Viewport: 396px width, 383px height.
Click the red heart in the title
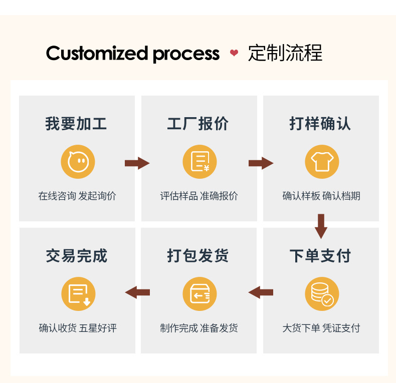tap(234, 53)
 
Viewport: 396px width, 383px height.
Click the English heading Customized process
tap(132, 53)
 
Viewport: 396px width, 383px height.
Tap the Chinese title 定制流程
tap(285, 53)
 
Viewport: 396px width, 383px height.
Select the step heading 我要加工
tap(76, 124)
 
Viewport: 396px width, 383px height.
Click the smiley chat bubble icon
tap(78, 162)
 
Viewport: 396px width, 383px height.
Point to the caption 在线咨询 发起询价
tap(77, 196)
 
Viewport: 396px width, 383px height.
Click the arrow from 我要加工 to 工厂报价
tap(137, 163)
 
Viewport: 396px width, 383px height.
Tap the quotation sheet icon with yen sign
tap(200, 162)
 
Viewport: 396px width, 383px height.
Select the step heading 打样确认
tap(320, 124)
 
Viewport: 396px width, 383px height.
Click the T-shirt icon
tap(322, 162)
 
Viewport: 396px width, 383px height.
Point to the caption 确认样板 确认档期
tap(321, 196)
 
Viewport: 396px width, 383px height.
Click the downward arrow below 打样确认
tap(321, 226)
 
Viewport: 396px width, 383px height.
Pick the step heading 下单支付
tap(320, 256)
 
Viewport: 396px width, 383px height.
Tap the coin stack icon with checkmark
tap(322, 294)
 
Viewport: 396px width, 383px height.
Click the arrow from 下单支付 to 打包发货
tap(261, 292)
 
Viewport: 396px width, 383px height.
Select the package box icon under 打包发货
tap(200, 294)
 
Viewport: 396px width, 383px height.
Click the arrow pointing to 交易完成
tap(137, 292)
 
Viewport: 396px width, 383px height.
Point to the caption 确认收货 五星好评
tap(78, 328)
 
